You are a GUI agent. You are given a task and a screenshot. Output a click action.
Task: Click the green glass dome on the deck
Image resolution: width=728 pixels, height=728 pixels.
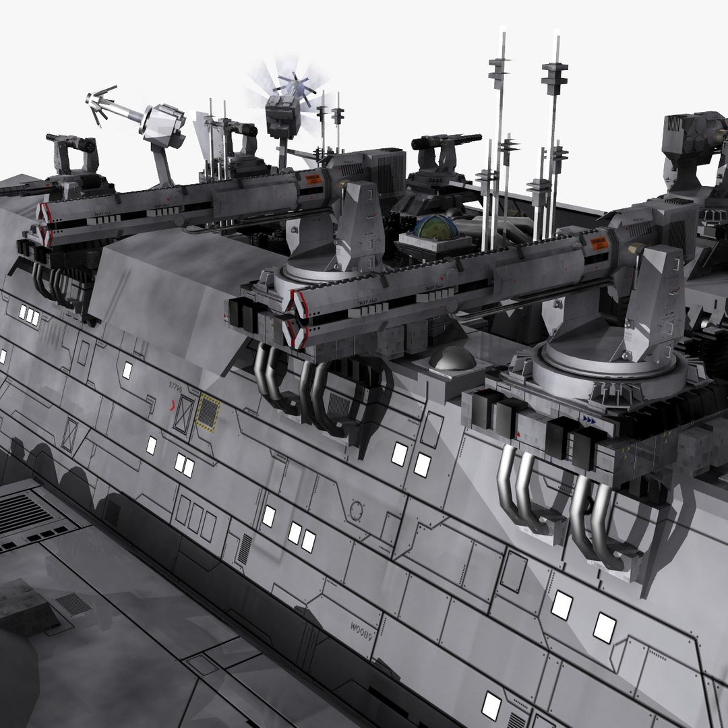(435, 228)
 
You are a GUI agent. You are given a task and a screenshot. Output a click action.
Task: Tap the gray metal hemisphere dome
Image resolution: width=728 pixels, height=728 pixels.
(452, 358)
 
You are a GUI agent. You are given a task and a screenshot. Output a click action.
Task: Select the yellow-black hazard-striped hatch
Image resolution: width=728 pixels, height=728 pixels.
(208, 413)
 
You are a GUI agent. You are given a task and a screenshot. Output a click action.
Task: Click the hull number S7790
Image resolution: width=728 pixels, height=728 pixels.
(177, 385)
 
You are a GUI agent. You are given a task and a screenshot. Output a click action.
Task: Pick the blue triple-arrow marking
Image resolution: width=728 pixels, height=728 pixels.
(588, 419)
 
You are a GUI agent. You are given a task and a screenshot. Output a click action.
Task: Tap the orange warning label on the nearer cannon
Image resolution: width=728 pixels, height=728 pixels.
(599, 243)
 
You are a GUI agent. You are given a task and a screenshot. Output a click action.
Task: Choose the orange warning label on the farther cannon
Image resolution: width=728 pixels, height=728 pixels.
(312, 179)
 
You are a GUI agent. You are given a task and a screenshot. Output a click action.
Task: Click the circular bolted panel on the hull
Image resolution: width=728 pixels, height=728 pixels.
(356, 511)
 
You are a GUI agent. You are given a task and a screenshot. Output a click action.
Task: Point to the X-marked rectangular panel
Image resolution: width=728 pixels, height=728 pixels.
(183, 413)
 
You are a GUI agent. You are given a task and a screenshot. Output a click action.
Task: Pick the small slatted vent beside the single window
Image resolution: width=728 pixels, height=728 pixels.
(244, 549)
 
